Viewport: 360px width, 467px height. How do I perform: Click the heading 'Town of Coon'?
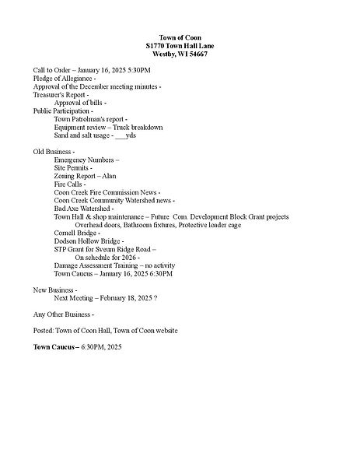(x=180, y=38)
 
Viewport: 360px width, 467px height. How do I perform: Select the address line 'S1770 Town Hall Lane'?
(x=180, y=47)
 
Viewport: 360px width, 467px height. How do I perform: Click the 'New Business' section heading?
(x=55, y=290)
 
